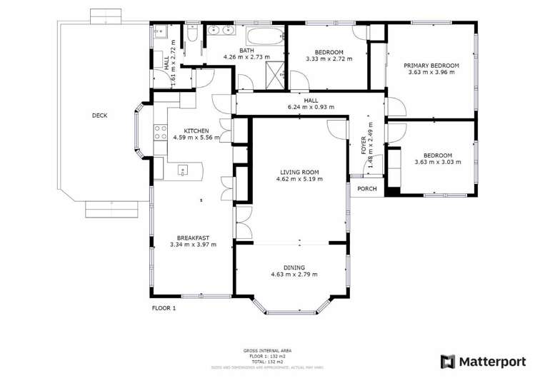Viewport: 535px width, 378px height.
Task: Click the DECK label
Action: [x=100, y=116]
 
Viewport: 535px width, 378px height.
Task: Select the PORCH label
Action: [x=366, y=189]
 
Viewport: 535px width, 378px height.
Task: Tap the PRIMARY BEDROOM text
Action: [x=430, y=65]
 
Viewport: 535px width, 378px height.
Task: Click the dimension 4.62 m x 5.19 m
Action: [x=301, y=179]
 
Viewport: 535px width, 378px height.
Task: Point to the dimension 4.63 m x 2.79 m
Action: [x=294, y=274]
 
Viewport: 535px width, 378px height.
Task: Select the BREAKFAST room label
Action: [x=193, y=237]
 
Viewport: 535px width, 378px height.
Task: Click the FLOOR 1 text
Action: [x=164, y=308]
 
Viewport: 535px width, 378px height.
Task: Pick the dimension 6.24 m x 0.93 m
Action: [x=311, y=108]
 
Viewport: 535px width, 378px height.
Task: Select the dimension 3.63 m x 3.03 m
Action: [x=437, y=162]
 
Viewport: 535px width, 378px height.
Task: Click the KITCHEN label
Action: [x=196, y=131]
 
